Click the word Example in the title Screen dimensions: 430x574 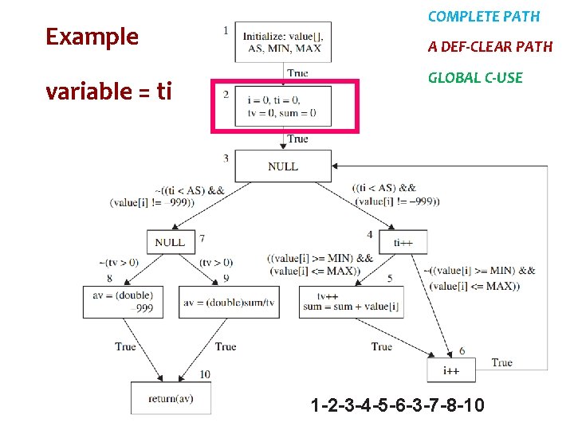click(92, 37)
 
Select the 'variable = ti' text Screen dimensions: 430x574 click(108, 92)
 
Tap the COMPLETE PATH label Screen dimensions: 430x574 click(483, 17)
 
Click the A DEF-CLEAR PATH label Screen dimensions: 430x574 click(489, 47)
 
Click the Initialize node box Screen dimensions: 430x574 click(283, 41)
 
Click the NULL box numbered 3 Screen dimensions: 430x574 click(283, 166)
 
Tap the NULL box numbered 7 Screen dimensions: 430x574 click(170, 242)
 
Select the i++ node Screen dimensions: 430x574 click(451, 370)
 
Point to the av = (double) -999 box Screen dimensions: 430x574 click(123, 302)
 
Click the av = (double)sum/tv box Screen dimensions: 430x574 click(229, 302)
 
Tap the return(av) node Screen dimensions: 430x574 click(171, 398)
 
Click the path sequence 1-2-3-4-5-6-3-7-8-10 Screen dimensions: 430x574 click(397, 406)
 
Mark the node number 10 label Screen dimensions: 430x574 click(204, 374)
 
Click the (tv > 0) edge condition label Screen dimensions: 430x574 click(216, 262)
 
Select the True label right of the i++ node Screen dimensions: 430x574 click(501, 363)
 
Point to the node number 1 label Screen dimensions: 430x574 click(226, 30)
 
